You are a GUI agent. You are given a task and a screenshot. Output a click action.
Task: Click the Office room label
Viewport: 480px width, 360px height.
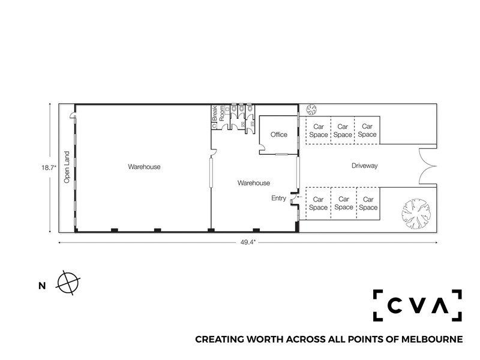(278, 134)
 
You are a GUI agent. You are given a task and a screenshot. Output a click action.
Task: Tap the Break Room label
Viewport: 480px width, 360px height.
(218, 113)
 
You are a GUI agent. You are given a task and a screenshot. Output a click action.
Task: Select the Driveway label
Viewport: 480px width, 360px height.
(364, 166)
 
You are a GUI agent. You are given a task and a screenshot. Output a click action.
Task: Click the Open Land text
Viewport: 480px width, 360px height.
(67, 167)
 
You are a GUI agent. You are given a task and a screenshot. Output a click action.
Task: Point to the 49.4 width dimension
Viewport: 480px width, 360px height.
(248, 242)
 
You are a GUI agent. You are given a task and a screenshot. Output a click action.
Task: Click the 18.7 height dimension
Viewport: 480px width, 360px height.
(49, 168)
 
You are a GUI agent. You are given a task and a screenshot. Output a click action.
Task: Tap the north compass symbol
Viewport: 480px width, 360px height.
(68, 283)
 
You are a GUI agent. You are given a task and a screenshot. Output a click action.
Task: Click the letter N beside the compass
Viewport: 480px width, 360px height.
(42, 286)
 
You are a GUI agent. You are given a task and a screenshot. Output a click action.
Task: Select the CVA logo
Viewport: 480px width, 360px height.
(417, 305)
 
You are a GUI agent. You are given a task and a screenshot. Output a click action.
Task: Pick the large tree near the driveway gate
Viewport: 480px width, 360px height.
(416, 214)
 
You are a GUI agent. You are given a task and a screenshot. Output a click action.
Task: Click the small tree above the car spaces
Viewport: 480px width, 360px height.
(311, 109)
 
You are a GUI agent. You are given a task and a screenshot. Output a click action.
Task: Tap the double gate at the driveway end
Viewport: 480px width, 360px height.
(428, 166)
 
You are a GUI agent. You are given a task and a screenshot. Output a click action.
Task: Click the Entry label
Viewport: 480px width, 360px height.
(278, 199)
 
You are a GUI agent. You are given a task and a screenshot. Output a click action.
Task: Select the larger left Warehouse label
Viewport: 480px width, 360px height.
(144, 167)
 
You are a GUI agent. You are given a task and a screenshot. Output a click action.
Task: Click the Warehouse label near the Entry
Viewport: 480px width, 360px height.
(253, 183)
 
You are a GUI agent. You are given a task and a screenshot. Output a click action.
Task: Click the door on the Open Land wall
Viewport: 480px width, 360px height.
(73, 115)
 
